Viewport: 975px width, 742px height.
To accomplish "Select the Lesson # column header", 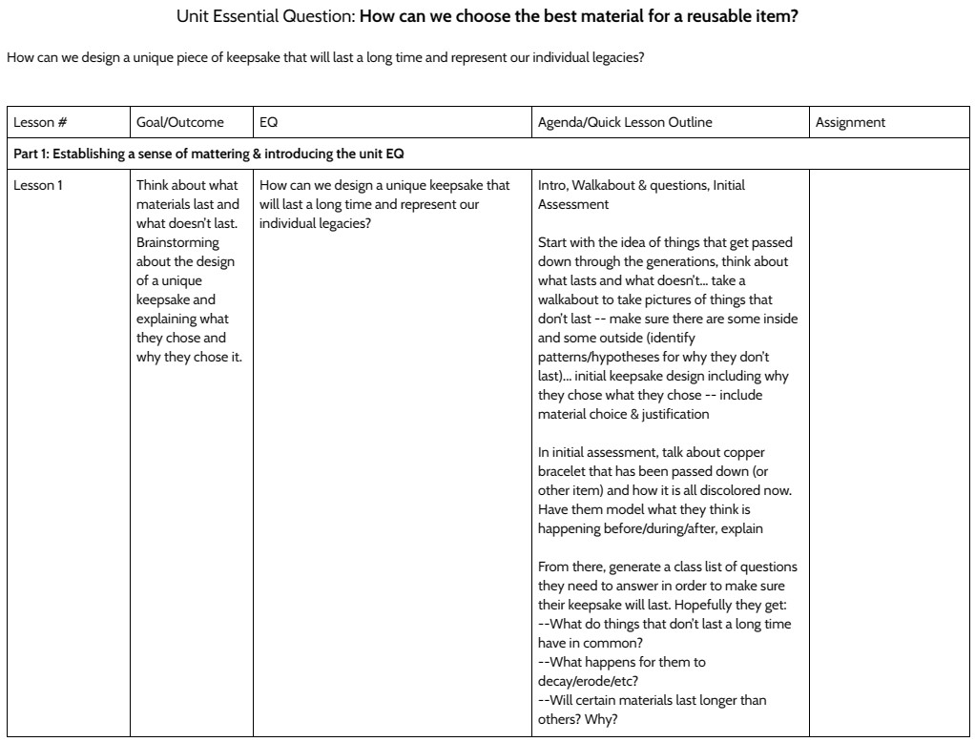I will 39,122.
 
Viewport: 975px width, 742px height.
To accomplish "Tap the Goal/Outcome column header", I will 180,122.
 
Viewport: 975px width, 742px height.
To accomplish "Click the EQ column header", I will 268,122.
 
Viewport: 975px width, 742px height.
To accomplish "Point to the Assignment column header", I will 850,122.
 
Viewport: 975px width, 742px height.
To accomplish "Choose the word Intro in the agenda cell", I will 552,185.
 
